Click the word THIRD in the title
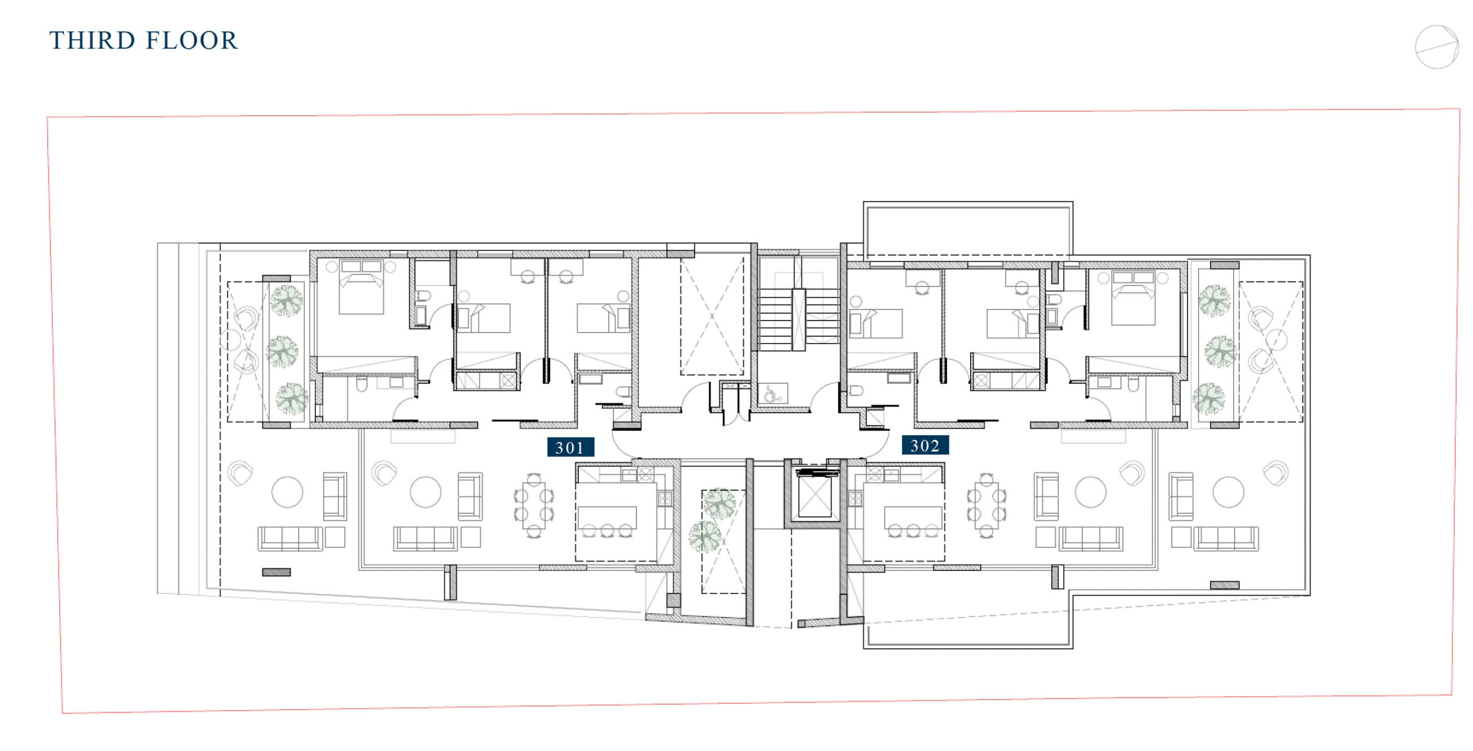[x=92, y=41]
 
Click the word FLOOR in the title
[x=192, y=41]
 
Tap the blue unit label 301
[x=570, y=447]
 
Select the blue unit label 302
[x=925, y=445]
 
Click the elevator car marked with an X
[x=814, y=497]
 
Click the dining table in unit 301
[x=534, y=506]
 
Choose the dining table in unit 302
[x=987, y=506]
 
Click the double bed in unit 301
[x=361, y=287]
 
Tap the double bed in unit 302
[x=1133, y=298]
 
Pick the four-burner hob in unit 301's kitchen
[x=665, y=498]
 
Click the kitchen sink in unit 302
[x=891, y=475]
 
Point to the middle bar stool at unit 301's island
[x=607, y=530]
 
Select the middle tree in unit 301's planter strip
[x=283, y=352]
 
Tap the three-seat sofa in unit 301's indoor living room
[x=425, y=539]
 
